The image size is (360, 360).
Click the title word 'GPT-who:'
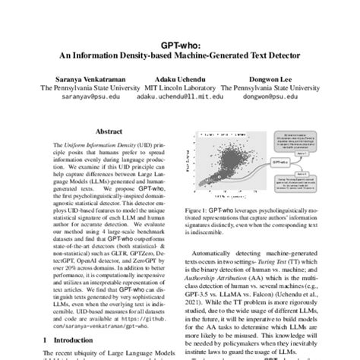[179, 44]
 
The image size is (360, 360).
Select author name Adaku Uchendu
[179, 78]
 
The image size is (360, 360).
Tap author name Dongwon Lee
[271, 78]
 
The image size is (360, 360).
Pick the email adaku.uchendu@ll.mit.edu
[179, 98]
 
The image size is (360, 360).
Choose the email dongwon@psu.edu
[271, 98]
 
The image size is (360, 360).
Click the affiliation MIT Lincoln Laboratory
[179, 88]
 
